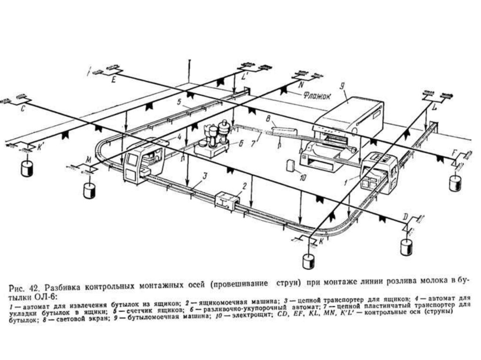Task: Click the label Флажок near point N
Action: [318, 95]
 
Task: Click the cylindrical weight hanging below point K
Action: [309, 261]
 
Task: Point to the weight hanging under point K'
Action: [26, 168]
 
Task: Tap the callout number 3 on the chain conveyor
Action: [205, 176]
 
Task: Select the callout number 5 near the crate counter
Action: [179, 101]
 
